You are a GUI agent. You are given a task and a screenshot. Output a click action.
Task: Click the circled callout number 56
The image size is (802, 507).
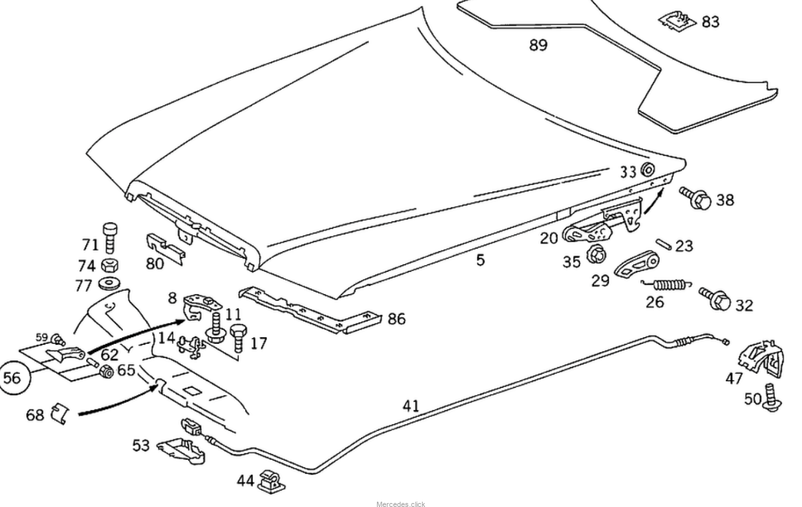(13, 378)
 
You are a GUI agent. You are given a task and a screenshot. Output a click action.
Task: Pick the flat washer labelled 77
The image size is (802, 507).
(106, 284)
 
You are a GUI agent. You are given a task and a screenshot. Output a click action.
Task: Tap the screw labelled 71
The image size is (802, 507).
(110, 237)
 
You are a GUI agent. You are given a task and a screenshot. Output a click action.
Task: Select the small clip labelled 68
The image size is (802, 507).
(60, 413)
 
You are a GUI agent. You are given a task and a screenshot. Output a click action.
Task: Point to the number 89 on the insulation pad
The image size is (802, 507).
(538, 45)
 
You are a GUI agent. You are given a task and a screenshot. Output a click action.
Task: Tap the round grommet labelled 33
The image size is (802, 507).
(646, 170)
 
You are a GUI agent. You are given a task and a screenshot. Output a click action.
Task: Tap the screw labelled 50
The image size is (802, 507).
(772, 398)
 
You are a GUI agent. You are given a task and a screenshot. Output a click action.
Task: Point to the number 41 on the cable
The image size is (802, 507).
(411, 405)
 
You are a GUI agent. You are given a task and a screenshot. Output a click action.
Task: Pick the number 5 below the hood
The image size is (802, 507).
(480, 260)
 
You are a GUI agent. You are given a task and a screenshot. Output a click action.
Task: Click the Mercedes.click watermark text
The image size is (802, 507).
(400, 504)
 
